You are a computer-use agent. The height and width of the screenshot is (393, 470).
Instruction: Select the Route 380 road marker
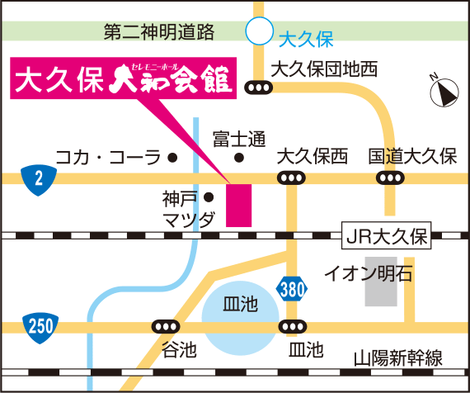(x=289, y=290)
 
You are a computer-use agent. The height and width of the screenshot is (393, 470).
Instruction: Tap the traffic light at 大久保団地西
(x=259, y=86)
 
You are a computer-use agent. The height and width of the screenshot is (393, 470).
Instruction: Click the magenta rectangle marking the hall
(x=238, y=204)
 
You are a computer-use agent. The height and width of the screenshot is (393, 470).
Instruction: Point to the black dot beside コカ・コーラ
(x=173, y=156)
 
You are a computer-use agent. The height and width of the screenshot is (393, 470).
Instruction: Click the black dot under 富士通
(x=239, y=156)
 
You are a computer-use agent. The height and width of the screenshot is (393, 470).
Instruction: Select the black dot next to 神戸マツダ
(x=209, y=197)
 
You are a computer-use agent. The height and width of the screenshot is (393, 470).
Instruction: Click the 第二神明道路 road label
(x=159, y=32)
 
